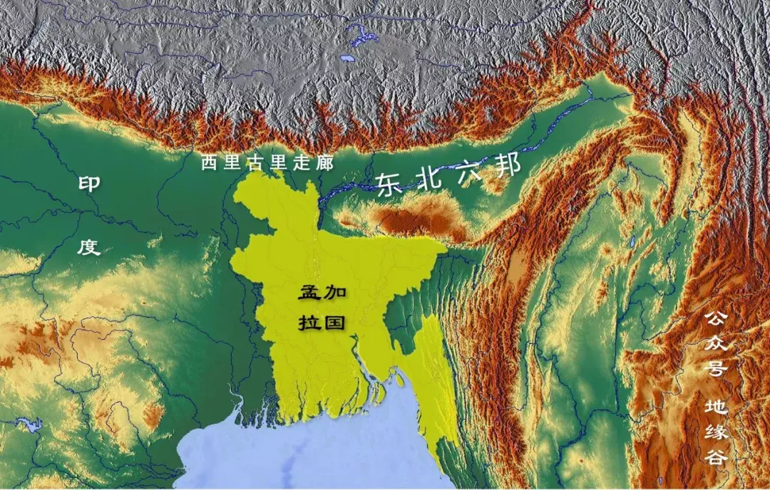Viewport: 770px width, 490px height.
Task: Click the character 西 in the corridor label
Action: click(x=209, y=163)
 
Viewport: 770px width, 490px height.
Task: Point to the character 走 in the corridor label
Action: click(x=302, y=163)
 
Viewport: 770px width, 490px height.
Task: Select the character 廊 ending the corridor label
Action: click(x=324, y=163)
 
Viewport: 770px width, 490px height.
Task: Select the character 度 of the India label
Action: click(x=88, y=247)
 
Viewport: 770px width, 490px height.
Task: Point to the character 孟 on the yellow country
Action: click(x=309, y=292)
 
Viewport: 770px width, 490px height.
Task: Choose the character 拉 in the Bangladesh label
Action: click(x=309, y=321)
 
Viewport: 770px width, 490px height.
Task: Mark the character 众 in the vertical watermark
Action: click(x=716, y=344)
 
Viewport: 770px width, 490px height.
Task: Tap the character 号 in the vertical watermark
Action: click(x=716, y=370)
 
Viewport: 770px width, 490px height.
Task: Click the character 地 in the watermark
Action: click(x=716, y=407)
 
